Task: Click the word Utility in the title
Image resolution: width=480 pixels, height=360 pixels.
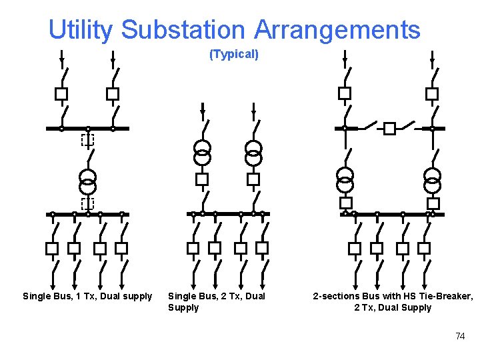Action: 81,30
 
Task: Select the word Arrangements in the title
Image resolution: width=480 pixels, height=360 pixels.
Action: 337,30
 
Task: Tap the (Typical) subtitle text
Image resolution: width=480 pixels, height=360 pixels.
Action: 234,55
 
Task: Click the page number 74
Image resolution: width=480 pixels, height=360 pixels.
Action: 460,336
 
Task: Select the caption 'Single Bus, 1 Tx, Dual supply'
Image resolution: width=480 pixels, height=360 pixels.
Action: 87,296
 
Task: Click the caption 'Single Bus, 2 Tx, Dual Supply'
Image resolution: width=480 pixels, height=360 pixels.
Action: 216,301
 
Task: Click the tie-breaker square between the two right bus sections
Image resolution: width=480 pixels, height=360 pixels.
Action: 389,129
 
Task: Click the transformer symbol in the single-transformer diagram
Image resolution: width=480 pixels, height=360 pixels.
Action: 87,180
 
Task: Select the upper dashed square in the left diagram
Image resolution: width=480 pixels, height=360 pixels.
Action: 87,140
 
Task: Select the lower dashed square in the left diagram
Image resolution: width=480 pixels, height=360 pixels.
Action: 87,203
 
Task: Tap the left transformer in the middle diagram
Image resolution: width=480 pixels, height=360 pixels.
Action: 202,153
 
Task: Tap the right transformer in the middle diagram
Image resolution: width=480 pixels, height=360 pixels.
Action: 253,153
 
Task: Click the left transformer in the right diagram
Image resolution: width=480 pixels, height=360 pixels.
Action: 345,179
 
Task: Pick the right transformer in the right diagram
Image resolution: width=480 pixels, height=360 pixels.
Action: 433,179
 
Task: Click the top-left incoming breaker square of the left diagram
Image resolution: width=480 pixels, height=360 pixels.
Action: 61,94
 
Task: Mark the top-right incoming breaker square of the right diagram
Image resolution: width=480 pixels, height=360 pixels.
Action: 432,94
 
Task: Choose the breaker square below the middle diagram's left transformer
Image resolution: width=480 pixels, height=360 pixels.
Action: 202,179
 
